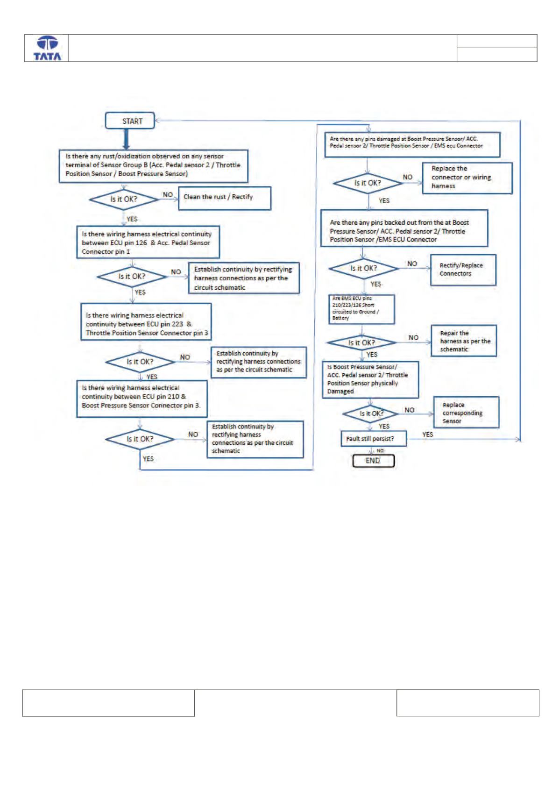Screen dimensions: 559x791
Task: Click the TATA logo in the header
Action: tap(47, 48)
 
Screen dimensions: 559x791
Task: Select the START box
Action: tap(130, 121)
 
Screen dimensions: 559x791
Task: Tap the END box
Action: tap(374, 461)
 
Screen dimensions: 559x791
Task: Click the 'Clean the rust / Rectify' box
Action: tap(225, 198)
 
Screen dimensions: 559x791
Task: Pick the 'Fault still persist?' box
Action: tap(374, 439)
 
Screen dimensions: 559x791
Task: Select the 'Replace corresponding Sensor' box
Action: tap(466, 413)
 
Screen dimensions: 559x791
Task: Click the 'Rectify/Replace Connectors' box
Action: tap(463, 270)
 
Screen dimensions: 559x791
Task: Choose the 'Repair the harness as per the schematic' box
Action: tap(464, 341)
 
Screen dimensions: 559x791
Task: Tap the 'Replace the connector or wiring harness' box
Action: tap(467, 178)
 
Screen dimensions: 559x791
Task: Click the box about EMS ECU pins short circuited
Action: tap(362, 309)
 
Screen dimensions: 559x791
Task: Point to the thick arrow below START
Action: tap(126, 139)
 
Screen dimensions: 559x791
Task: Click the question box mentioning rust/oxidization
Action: tap(154, 166)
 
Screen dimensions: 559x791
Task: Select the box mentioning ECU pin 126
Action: tap(148, 242)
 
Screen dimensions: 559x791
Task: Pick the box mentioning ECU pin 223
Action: tap(146, 322)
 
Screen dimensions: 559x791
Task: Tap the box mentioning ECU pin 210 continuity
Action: tap(142, 399)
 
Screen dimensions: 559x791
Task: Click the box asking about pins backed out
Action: tap(404, 228)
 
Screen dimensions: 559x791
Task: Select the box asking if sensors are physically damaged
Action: tap(370, 379)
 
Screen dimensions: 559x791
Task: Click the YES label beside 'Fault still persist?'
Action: tap(427, 435)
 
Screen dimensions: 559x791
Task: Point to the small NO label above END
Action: tap(380, 451)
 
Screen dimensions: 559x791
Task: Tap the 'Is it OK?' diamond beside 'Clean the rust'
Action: tap(124, 199)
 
